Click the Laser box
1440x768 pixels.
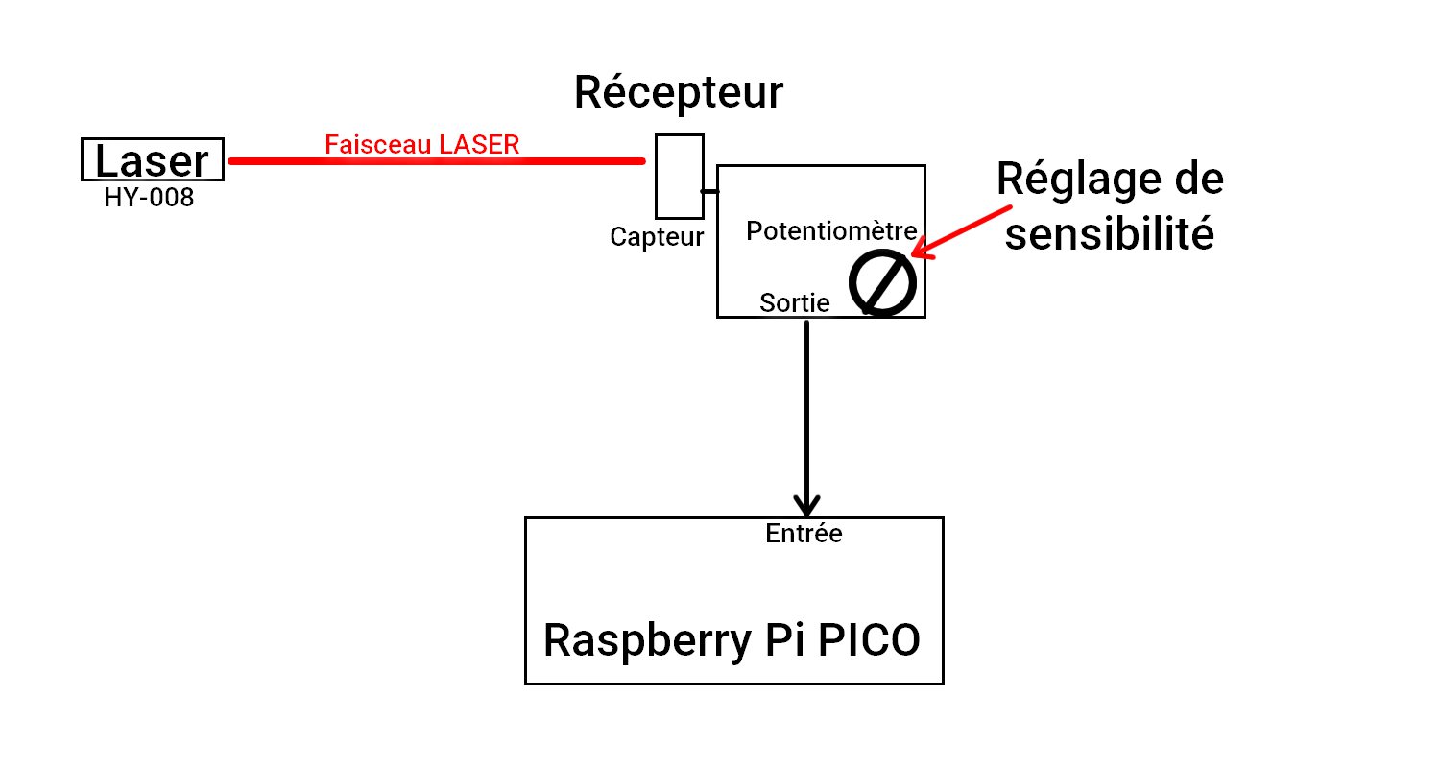(152, 159)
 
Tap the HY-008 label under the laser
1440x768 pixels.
(149, 199)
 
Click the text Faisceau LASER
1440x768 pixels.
(422, 144)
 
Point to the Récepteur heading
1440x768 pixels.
(678, 93)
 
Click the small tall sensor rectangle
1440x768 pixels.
(680, 177)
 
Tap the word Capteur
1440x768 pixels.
(657, 237)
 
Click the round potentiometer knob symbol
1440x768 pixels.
(882, 282)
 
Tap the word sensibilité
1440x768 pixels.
(1109, 234)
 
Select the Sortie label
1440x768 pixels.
(795, 303)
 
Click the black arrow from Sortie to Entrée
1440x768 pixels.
(806, 413)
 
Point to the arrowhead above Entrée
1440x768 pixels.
(806, 504)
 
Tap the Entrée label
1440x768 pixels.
(804, 534)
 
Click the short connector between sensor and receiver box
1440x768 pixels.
(710, 192)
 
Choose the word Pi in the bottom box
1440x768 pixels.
(768, 641)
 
